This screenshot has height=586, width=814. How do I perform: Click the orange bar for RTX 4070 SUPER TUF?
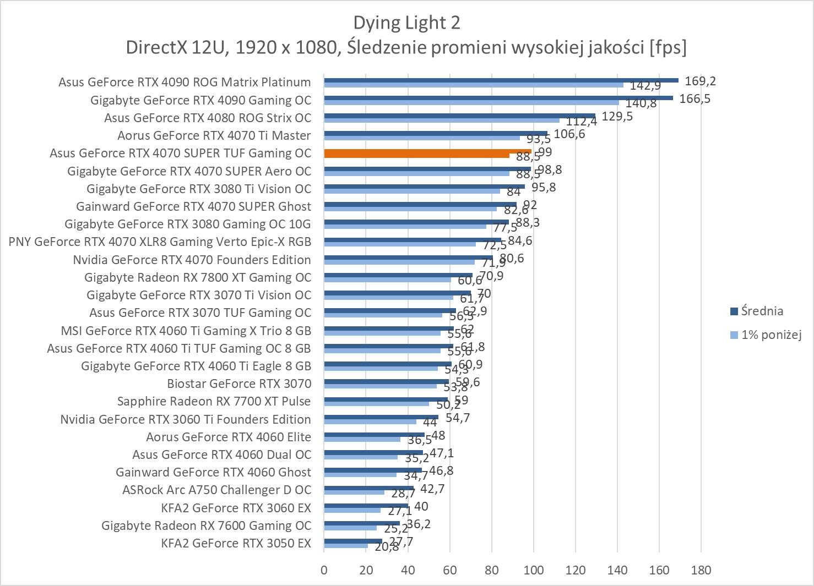427,152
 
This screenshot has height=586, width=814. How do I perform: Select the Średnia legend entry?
762,311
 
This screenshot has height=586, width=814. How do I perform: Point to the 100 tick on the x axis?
533,570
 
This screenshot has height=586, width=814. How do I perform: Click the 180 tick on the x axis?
701,570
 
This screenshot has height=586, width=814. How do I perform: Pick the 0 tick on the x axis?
324,570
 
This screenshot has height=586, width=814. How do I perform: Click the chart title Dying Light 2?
406,23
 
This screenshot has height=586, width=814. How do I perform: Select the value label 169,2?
700,81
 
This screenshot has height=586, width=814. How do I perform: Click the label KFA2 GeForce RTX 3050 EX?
236,544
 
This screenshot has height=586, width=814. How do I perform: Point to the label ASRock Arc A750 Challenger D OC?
216,490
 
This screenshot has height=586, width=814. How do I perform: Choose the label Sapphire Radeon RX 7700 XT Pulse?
214,402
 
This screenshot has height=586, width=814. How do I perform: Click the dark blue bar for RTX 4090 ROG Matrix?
501,80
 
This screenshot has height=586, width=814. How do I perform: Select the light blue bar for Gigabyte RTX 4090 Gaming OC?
471,102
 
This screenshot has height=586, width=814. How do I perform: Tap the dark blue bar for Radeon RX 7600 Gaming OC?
362,523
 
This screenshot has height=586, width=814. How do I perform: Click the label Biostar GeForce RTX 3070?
239,384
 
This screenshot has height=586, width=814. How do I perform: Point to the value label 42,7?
432,489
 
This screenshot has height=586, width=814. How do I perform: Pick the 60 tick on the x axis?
449,570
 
